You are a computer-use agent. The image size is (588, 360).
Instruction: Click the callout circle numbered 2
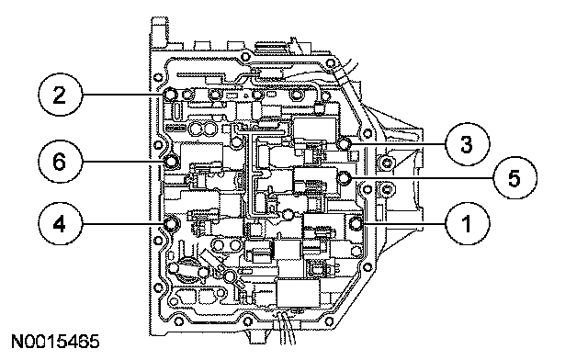click(x=60, y=95)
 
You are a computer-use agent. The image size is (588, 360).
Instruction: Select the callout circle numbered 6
click(x=60, y=162)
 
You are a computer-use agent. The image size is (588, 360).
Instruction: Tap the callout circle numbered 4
click(x=60, y=224)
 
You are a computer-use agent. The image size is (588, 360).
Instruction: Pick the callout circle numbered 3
click(x=468, y=144)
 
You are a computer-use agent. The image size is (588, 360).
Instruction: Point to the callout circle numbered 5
click(x=514, y=177)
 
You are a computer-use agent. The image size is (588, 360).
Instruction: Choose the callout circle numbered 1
click(x=468, y=224)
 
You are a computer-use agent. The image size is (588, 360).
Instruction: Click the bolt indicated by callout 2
click(x=170, y=94)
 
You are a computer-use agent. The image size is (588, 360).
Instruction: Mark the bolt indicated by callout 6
click(x=172, y=162)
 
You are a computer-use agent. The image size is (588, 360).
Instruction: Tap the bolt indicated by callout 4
click(x=171, y=224)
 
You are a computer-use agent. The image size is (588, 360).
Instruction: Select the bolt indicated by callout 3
click(x=344, y=143)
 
